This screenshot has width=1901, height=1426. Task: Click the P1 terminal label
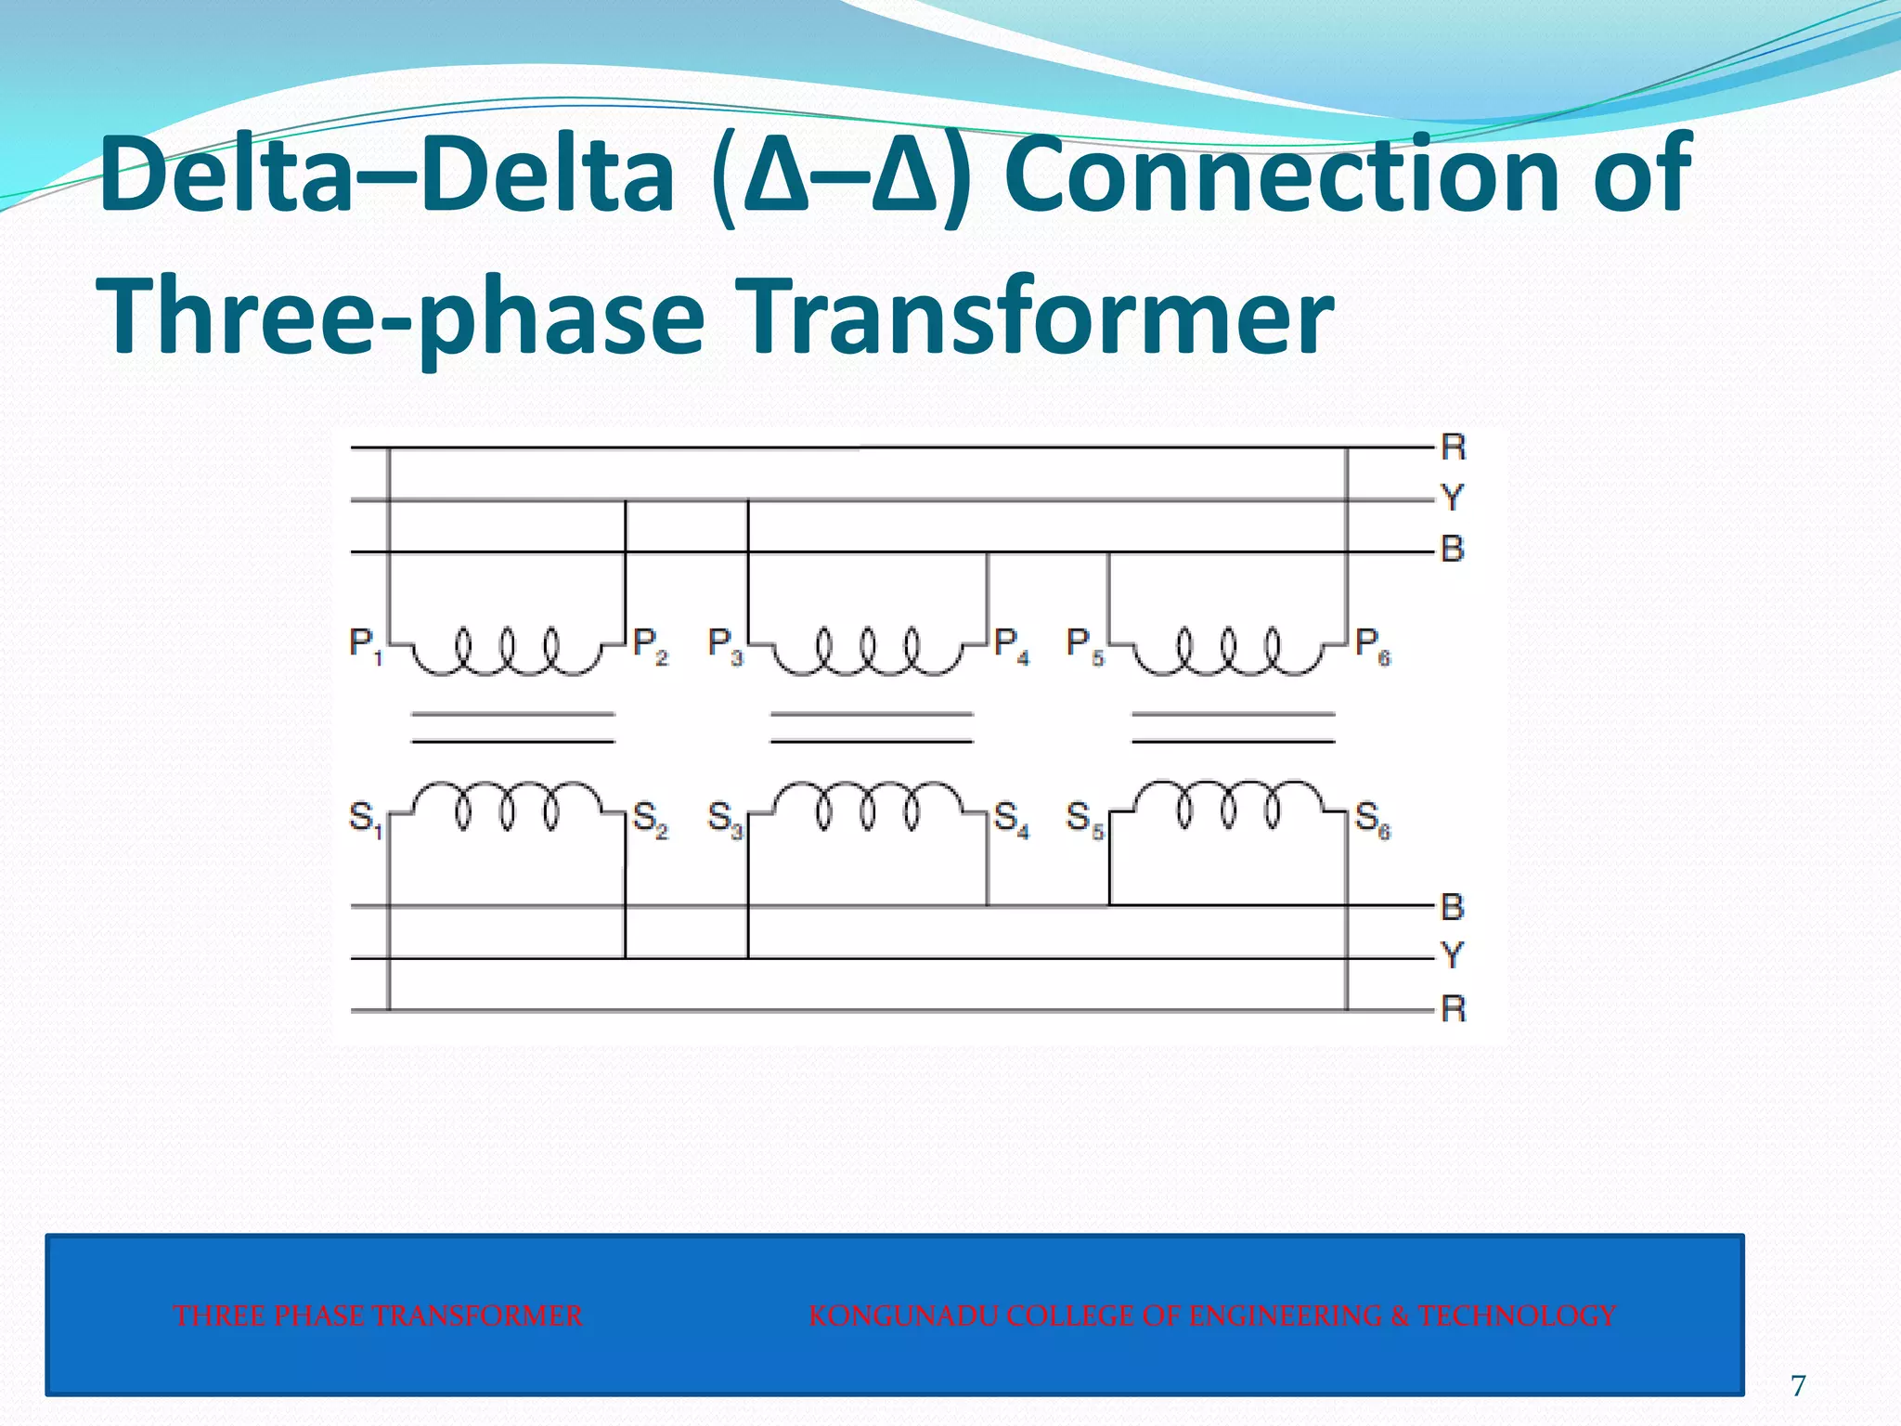pyautogui.click(x=365, y=644)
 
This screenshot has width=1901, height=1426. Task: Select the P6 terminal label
pyautogui.click(x=1372, y=644)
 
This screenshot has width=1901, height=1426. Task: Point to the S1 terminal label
pyautogui.click(x=365, y=819)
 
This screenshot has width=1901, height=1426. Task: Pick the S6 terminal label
pyautogui.click(x=1372, y=819)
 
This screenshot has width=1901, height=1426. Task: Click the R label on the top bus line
pyautogui.click(x=1453, y=447)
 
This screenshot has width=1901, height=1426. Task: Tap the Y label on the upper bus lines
pyautogui.click(x=1453, y=498)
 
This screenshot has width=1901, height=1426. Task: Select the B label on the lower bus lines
pyautogui.click(x=1453, y=906)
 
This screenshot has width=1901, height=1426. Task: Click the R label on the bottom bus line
pyautogui.click(x=1453, y=1008)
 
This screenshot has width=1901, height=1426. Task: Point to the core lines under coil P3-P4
pyautogui.click(x=872, y=728)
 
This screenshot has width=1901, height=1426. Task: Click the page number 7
pyautogui.click(x=1798, y=1385)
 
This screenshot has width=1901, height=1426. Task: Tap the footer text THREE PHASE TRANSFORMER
pyautogui.click(x=378, y=1316)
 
